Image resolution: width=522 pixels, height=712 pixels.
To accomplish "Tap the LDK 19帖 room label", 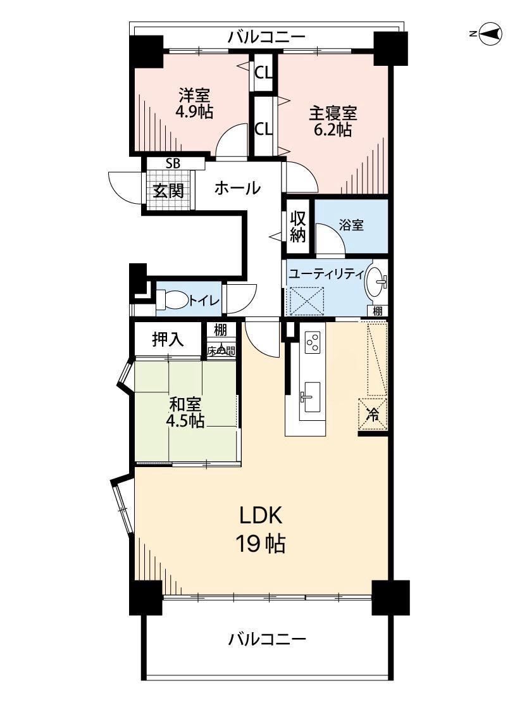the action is click(x=261, y=530).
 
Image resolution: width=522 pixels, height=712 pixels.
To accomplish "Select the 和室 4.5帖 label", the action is click(x=185, y=412).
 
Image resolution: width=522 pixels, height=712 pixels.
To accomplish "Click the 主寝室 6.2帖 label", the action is click(x=333, y=121).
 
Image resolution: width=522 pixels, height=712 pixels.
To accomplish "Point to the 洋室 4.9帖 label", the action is click(x=194, y=104).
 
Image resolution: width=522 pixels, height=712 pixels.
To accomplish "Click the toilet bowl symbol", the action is click(x=172, y=299).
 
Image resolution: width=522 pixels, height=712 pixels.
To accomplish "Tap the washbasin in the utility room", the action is click(x=376, y=282).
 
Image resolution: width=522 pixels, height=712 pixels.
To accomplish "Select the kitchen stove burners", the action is click(x=313, y=342).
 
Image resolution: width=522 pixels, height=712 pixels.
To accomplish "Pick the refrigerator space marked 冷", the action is click(x=373, y=413).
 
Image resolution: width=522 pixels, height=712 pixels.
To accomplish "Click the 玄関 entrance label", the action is click(x=168, y=190).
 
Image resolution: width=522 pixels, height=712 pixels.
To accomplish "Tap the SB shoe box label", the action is click(x=173, y=163).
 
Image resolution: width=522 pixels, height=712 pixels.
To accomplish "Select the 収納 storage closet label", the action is click(x=298, y=227).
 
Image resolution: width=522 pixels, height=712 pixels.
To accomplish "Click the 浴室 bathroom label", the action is click(x=351, y=224).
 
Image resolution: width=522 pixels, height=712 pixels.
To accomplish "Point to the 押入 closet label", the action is click(x=168, y=339).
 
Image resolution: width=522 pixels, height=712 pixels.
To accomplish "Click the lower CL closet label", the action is click(x=263, y=129).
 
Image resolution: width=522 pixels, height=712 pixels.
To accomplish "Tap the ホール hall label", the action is click(x=237, y=187).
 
